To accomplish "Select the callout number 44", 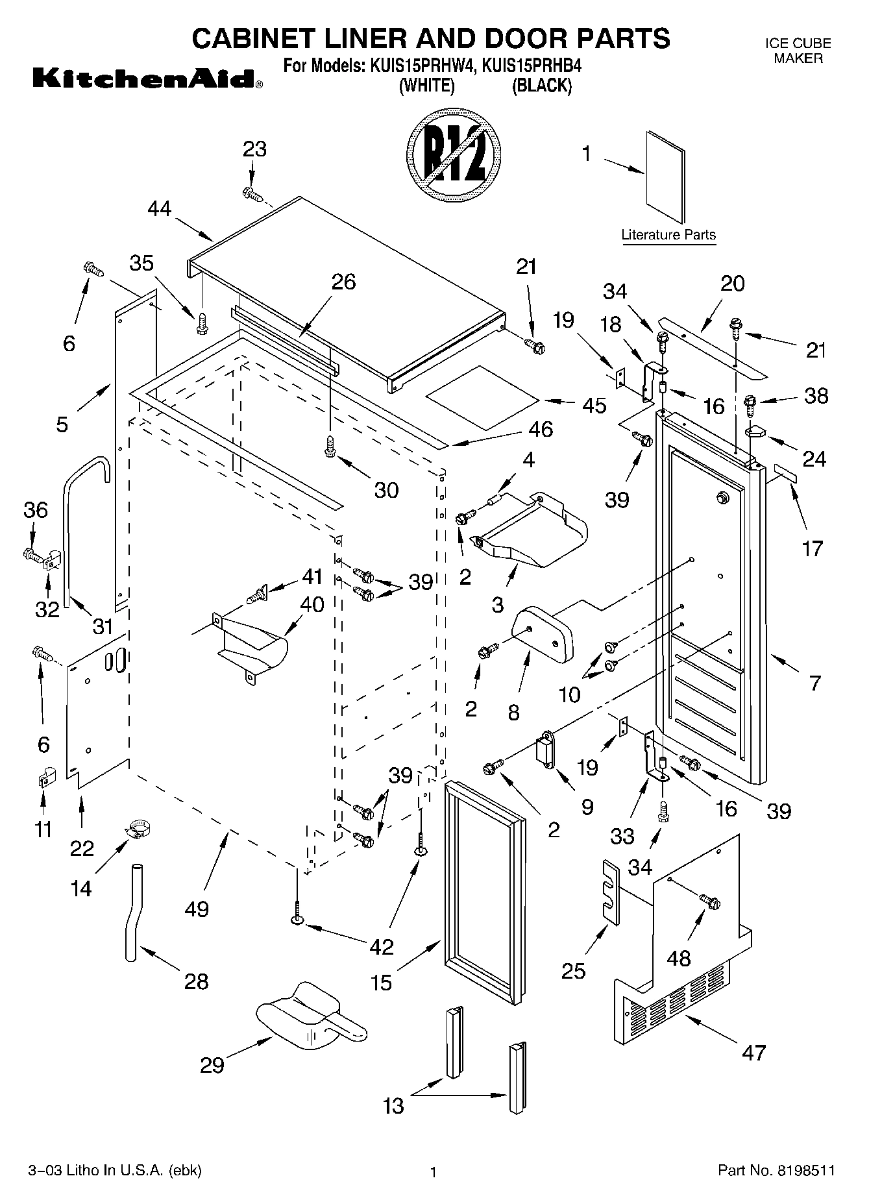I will [x=160, y=209].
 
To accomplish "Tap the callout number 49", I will [x=197, y=909].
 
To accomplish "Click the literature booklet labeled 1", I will [x=665, y=178].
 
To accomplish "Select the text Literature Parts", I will [x=668, y=235].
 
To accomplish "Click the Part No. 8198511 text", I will [x=776, y=1170].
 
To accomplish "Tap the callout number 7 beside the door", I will [x=815, y=682].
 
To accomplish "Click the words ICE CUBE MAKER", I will [x=798, y=51].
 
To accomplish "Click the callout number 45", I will [x=594, y=405].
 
